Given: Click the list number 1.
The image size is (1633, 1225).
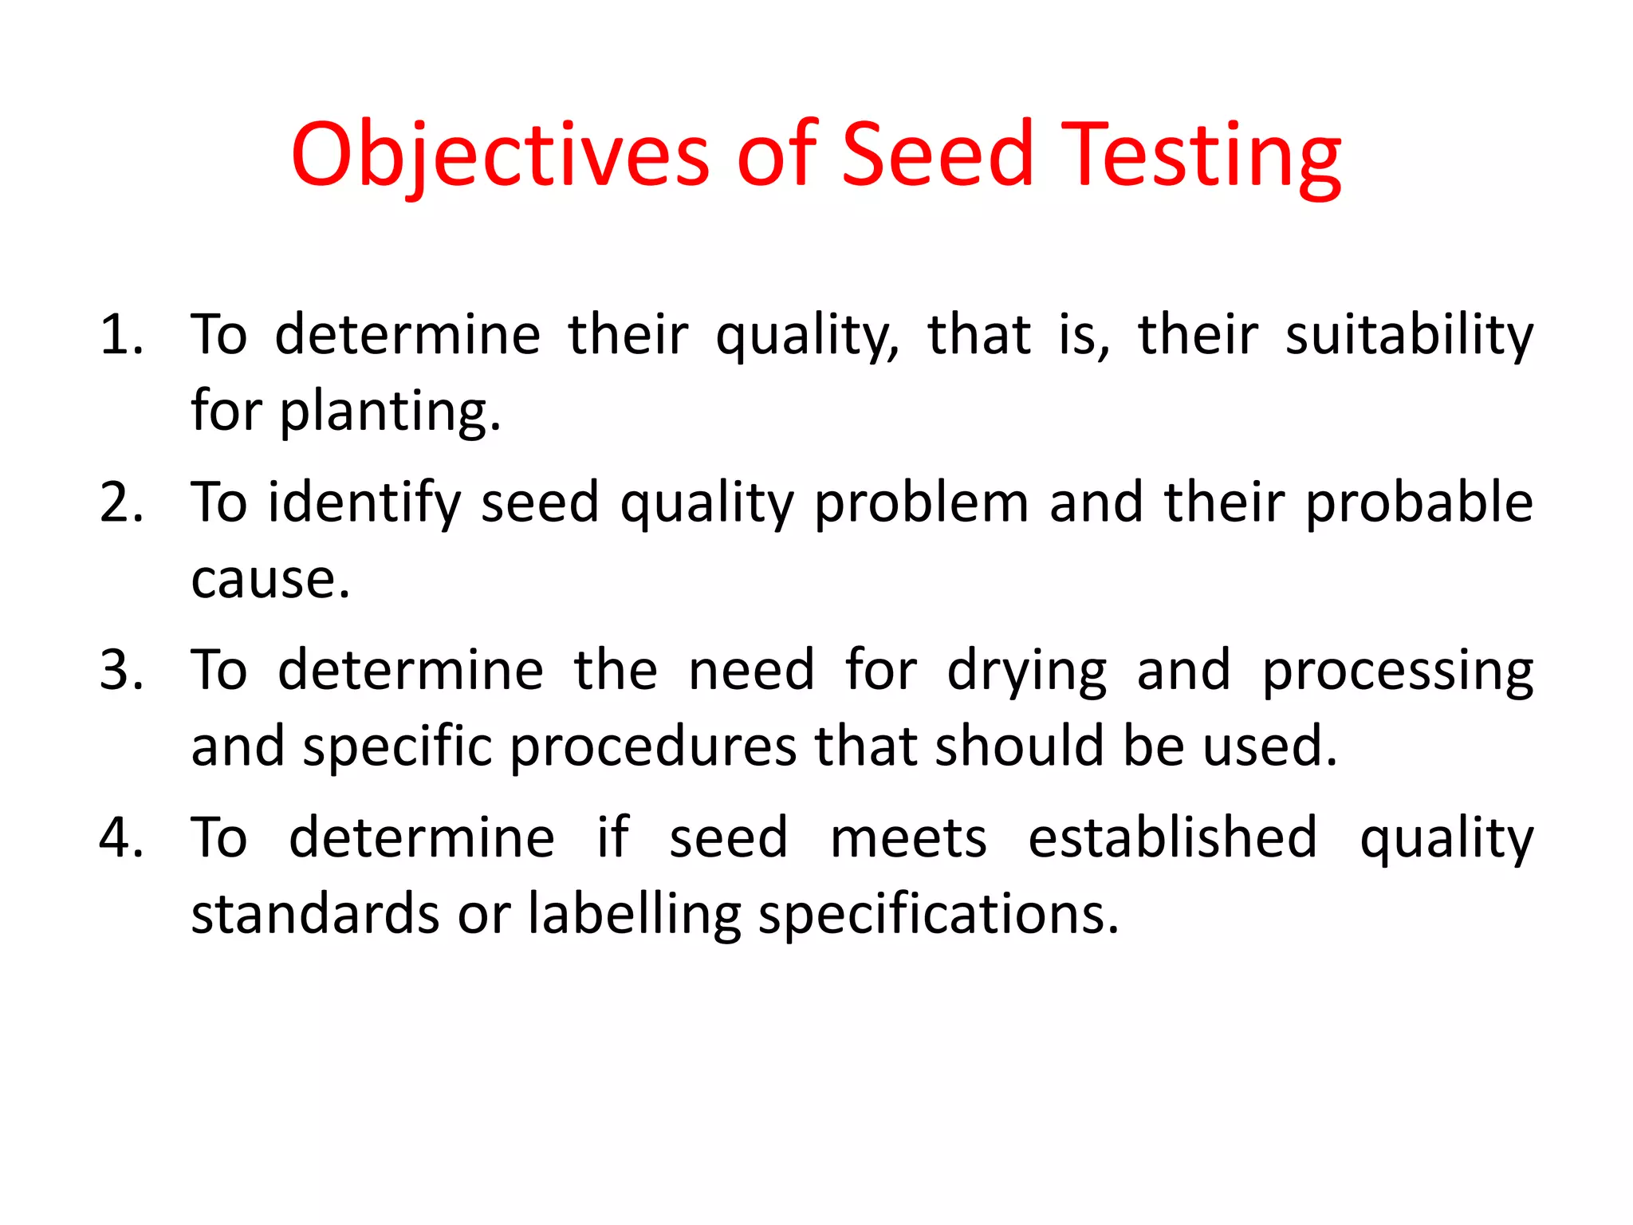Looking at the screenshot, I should click(120, 334).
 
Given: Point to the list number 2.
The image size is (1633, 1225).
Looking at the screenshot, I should click(122, 502).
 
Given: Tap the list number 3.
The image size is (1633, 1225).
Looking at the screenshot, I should click(122, 670).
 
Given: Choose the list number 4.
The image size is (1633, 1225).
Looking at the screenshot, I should click(122, 837).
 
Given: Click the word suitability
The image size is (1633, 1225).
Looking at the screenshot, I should click(1409, 334).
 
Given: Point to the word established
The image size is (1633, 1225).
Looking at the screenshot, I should click(1172, 837).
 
